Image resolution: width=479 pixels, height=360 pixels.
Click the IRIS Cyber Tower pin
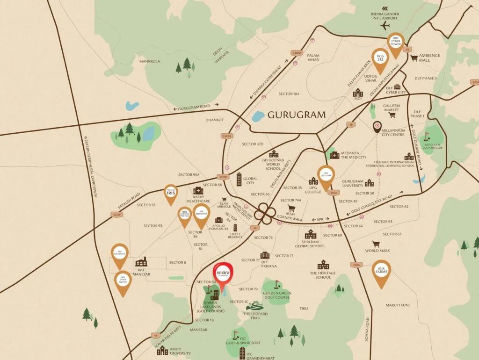(x=396, y=43)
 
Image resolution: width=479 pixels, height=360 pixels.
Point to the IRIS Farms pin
(x=382, y=272)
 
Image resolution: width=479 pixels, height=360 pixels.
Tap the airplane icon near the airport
(x=386, y=25)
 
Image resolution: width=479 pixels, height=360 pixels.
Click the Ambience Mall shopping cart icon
(x=414, y=58)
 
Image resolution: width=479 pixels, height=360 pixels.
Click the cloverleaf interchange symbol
(x=265, y=214)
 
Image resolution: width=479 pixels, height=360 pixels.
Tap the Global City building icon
(x=239, y=179)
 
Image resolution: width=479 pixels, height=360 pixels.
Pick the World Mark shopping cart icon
(x=376, y=244)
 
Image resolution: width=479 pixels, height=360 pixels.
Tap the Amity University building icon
(x=162, y=350)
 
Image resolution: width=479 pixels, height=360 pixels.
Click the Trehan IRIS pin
(x=170, y=193)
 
